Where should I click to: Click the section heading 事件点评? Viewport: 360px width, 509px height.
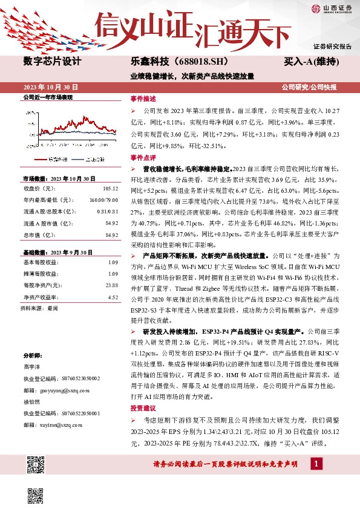pyautogui.click(x=143, y=157)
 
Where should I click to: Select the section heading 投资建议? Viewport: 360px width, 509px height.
pyautogui.click(x=143, y=408)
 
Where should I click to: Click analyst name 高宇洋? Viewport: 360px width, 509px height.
pyautogui.click(x=31, y=367)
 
